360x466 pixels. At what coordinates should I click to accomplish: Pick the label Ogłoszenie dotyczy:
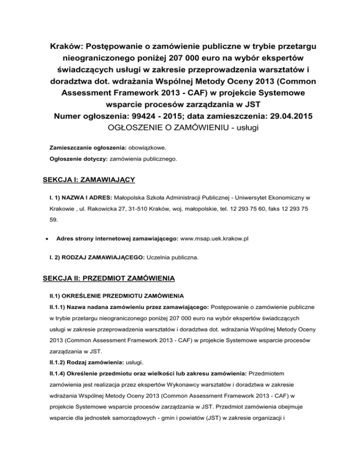78,159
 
